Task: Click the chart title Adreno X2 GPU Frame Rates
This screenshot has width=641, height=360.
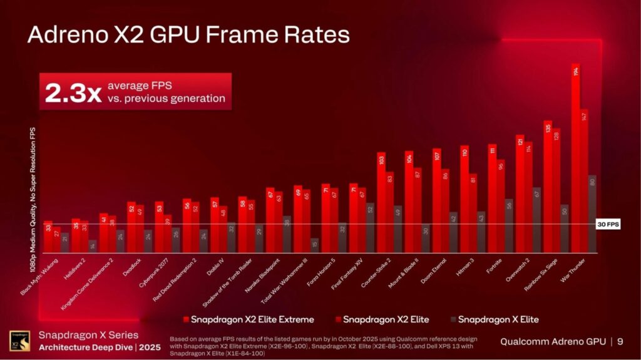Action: tap(188, 35)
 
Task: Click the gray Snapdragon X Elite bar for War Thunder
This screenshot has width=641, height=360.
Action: tap(592, 214)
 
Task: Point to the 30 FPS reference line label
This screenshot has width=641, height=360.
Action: tap(607, 224)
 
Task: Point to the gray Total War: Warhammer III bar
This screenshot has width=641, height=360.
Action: tap(314, 245)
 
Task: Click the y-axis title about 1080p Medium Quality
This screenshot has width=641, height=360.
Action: tap(33, 199)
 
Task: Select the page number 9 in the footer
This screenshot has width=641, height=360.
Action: tap(620, 341)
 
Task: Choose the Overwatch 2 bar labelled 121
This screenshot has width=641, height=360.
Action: tap(520, 193)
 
